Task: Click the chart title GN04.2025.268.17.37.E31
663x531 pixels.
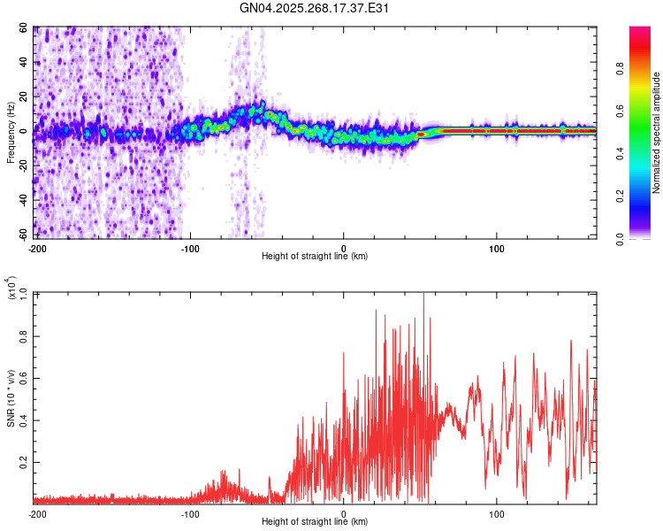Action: click(x=315, y=8)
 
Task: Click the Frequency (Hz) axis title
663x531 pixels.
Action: click(x=11, y=133)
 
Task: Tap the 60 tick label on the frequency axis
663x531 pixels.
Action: click(x=24, y=28)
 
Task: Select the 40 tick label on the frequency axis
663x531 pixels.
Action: click(x=24, y=63)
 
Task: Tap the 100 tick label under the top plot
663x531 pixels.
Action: click(x=497, y=248)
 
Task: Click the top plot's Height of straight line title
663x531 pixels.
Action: click(x=315, y=257)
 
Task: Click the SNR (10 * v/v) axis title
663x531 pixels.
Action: click(x=11, y=398)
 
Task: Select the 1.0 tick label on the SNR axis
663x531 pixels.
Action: click(x=24, y=294)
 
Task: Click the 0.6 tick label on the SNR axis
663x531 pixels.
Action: click(x=24, y=378)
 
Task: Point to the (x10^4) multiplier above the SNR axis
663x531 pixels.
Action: click(x=12, y=288)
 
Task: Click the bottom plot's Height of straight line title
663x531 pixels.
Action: click(x=315, y=522)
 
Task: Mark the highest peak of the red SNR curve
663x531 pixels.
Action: click(x=423, y=294)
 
